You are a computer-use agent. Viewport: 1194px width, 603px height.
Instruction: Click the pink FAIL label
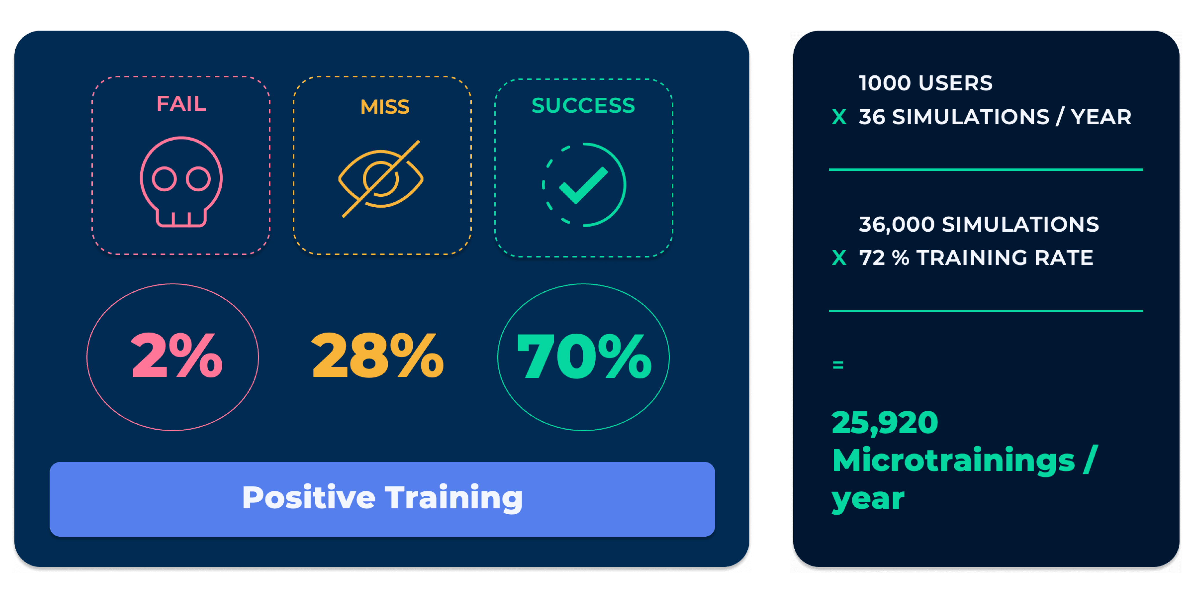point(181,103)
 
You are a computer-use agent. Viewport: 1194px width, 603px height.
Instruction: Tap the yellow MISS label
point(385,107)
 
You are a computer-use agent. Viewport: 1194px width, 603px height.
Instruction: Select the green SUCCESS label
point(583,105)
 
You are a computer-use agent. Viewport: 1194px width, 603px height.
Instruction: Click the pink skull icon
point(181,182)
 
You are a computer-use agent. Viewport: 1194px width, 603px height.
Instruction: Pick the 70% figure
point(584,356)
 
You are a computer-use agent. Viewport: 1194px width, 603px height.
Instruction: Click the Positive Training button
point(382,499)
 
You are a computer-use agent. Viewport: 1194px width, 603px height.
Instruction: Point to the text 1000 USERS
point(926,83)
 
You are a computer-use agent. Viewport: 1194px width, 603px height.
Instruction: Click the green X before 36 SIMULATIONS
point(839,117)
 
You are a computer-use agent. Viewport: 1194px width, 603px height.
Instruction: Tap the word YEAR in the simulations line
point(1101,117)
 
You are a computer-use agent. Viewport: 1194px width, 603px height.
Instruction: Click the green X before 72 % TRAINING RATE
point(839,258)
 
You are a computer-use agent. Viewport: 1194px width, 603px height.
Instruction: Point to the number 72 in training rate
point(872,258)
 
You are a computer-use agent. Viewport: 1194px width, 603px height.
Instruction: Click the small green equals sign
point(838,365)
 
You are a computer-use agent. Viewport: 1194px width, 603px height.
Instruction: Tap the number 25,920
point(885,423)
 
